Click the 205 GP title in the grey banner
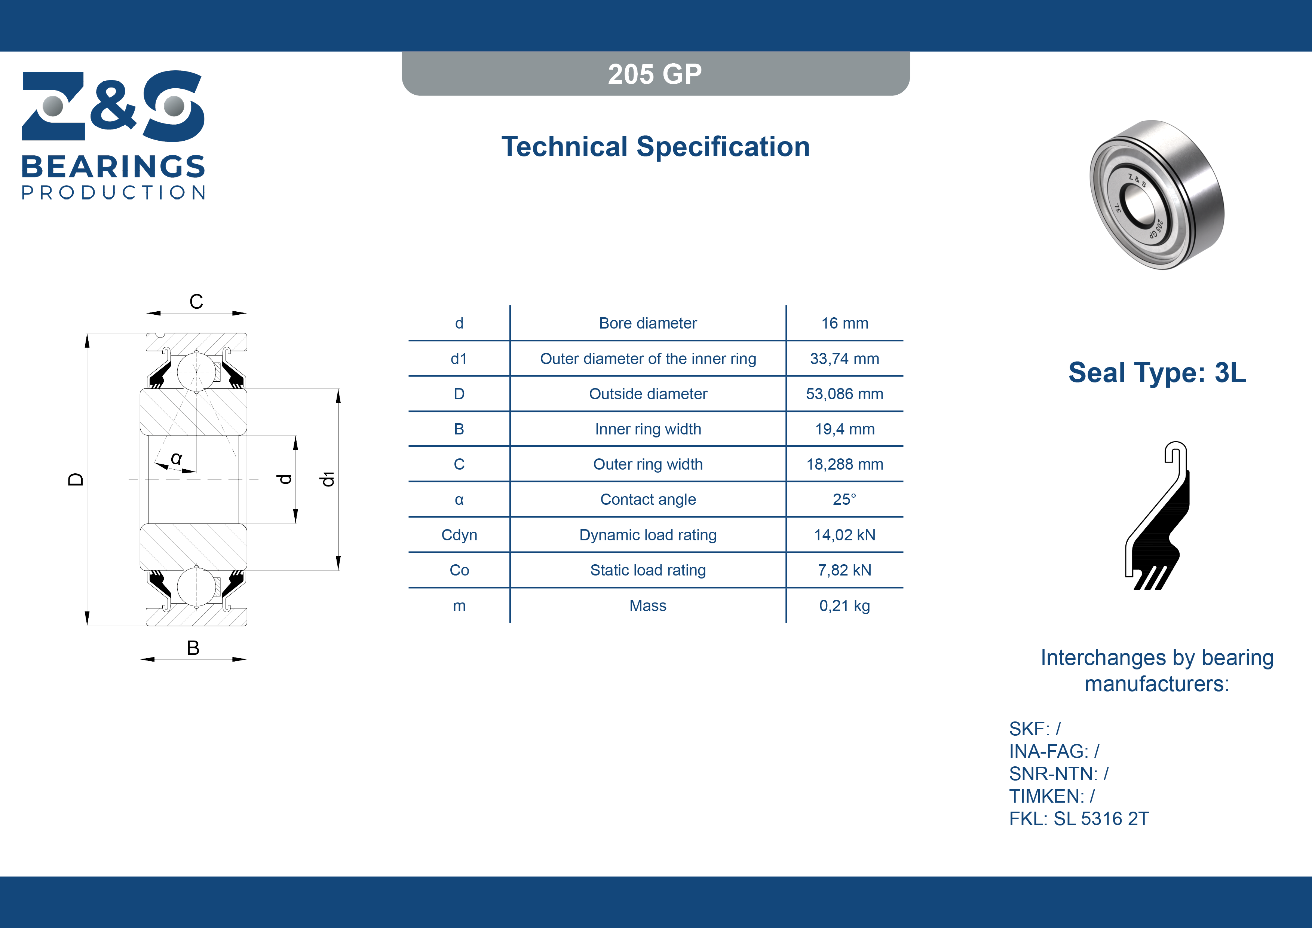[x=655, y=74]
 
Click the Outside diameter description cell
[x=648, y=394]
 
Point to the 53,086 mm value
[x=844, y=394]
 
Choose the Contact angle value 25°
[x=844, y=499]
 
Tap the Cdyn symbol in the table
[x=459, y=535]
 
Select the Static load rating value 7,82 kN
[x=844, y=570]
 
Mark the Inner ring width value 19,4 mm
[x=844, y=430]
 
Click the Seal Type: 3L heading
[x=1157, y=373]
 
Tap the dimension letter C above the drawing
[x=196, y=301]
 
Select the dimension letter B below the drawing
[x=193, y=648]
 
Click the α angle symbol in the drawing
[x=177, y=458]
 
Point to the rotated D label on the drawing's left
[x=76, y=479]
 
